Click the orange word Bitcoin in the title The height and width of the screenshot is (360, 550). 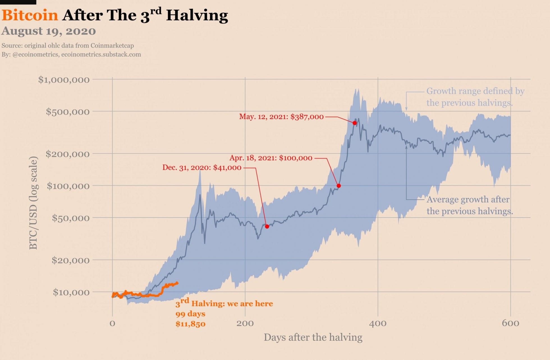pos(30,15)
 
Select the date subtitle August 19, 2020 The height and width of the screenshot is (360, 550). pos(49,31)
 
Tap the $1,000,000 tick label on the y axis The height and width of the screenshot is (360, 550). pos(64,80)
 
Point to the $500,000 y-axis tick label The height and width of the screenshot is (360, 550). pos(68,112)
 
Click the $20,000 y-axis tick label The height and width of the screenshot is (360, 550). pos(70,260)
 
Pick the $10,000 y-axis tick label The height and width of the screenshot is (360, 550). pos(71,292)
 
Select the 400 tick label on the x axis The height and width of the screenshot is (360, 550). pos(378,324)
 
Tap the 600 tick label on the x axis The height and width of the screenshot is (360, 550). pos(510,324)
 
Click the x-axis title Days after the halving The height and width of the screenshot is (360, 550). pos(313,337)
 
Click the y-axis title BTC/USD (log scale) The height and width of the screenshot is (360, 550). pos(33,203)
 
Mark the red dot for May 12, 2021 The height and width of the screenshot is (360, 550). pos(355,123)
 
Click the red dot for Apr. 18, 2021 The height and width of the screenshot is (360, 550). pos(339,186)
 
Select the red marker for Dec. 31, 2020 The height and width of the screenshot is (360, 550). pos(267,227)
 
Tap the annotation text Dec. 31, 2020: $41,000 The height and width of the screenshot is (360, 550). pos(202,168)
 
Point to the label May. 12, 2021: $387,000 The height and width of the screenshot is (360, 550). pos(281,117)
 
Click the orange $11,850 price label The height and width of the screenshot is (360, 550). pos(191,324)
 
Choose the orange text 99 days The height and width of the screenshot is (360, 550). pos(190,314)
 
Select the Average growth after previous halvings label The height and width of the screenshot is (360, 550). pos(469,206)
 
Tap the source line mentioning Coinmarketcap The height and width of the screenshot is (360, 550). pos(68,46)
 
